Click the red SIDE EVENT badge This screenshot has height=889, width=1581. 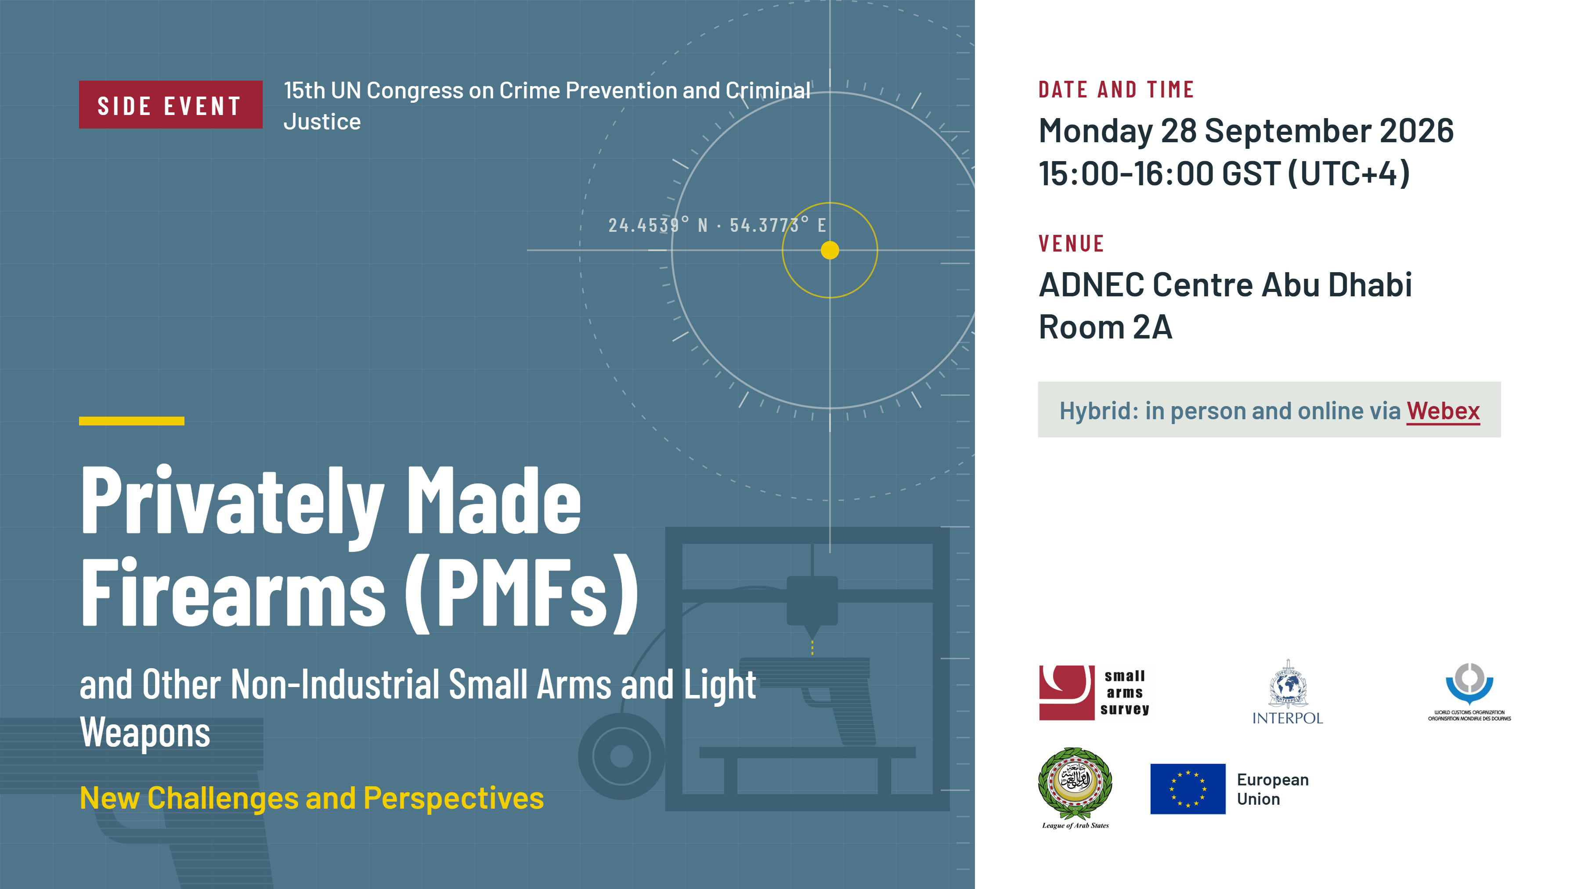pos(171,105)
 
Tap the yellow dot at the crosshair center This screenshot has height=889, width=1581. pos(830,250)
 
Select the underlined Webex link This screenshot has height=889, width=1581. pos(1443,411)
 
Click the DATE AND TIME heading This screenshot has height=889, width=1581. pos(1116,90)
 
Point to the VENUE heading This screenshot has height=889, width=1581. pos(1071,244)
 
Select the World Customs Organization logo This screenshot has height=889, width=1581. pos(1469,691)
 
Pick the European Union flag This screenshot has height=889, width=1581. pos(1188,789)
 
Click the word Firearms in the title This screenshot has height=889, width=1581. pos(233,592)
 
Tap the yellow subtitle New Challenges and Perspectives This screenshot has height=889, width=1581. pos(312,798)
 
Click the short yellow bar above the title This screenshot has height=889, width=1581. pos(131,421)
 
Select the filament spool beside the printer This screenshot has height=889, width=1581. pos(621,756)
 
